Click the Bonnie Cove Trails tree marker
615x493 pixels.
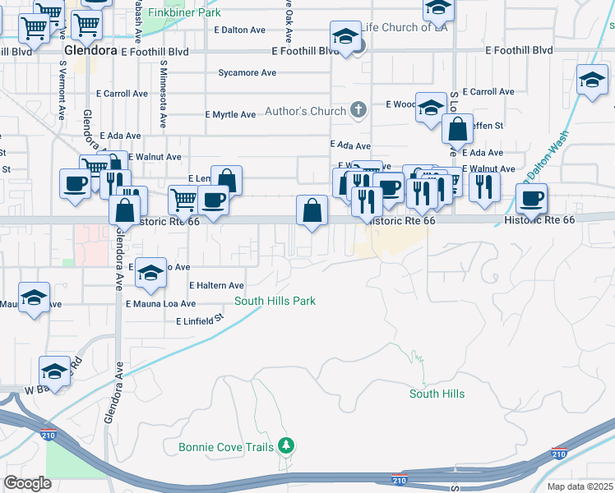click(286, 446)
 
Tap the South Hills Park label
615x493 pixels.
click(275, 302)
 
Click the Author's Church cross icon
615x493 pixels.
click(358, 109)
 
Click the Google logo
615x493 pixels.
click(27, 483)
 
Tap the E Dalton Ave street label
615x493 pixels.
click(239, 30)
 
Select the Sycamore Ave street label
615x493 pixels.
click(247, 73)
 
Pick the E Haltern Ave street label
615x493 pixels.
click(216, 285)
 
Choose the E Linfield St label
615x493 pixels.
click(200, 318)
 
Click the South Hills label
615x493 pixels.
click(437, 394)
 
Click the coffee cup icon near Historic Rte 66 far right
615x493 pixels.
click(531, 197)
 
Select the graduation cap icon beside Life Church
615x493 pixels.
click(345, 37)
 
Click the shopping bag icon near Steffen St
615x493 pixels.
click(457, 129)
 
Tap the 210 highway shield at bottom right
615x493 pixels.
click(558, 454)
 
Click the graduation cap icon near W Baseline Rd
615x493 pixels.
click(55, 370)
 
